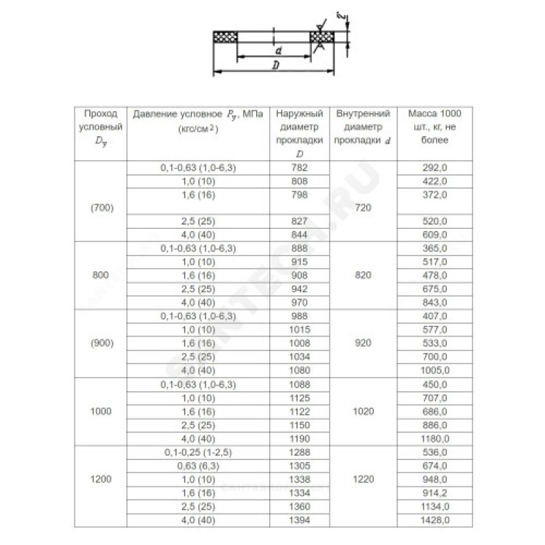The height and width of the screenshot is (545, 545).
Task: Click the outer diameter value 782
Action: point(299,168)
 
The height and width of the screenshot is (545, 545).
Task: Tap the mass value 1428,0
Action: point(436,520)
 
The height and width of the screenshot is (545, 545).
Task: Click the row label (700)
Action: point(102,207)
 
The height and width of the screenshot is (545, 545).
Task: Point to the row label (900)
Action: point(102,343)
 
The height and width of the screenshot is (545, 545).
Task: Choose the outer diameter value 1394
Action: point(299,520)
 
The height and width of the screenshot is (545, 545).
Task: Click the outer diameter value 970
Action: point(299,302)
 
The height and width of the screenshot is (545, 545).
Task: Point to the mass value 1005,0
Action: point(436,370)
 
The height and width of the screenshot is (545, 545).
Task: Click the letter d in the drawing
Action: point(279,50)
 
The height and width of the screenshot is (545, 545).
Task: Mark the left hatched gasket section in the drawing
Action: point(225,35)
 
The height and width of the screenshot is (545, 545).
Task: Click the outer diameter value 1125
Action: point(299,397)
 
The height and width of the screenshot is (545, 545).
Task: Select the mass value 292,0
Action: point(436,168)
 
